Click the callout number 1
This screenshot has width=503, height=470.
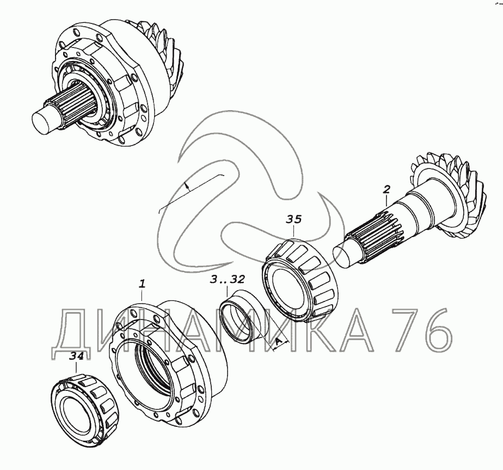tap(142, 284)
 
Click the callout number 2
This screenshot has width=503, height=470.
tap(387, 189)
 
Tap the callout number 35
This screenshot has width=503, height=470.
tap(294, 219)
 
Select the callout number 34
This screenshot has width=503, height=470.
tap(76, 356)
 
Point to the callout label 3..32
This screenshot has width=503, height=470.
tap(228, 279)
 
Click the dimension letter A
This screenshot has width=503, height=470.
tap(279, 344)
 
